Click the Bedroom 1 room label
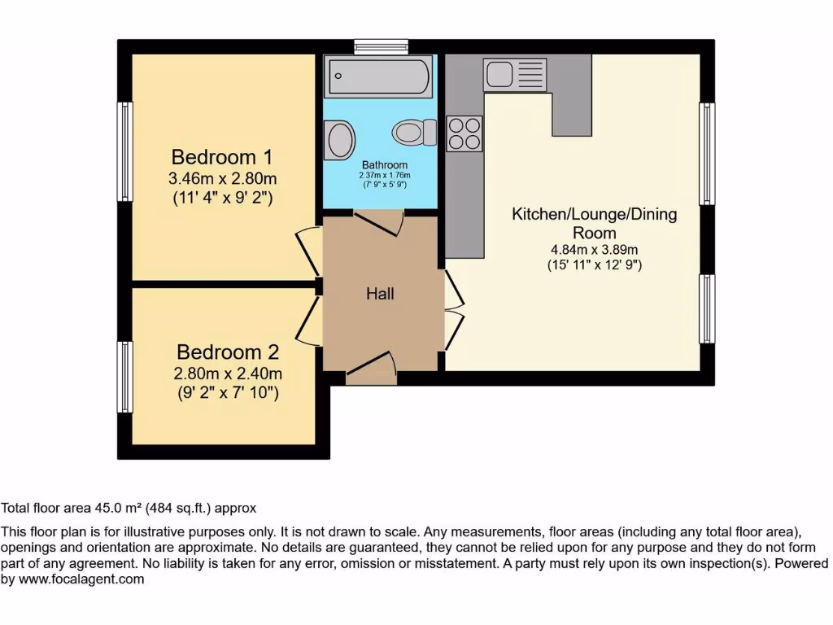221,156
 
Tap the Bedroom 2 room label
228,352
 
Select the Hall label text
380,294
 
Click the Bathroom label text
385,165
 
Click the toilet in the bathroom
414,132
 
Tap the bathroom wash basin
339,140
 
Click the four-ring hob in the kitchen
464,133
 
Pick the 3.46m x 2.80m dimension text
221,178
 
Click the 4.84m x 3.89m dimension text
594,250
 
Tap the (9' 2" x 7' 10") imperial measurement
228,394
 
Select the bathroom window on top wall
381,46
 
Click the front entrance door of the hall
371,370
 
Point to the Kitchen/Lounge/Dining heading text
594,215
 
